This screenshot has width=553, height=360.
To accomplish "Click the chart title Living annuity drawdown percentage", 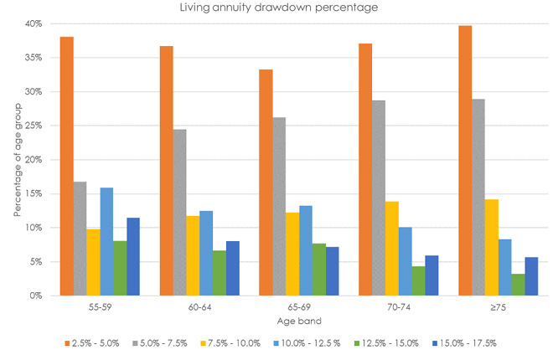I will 276,8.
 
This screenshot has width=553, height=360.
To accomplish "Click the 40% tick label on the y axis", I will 31,23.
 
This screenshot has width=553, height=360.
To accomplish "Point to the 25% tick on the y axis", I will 31,126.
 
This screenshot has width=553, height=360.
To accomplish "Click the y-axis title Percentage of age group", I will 17,159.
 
